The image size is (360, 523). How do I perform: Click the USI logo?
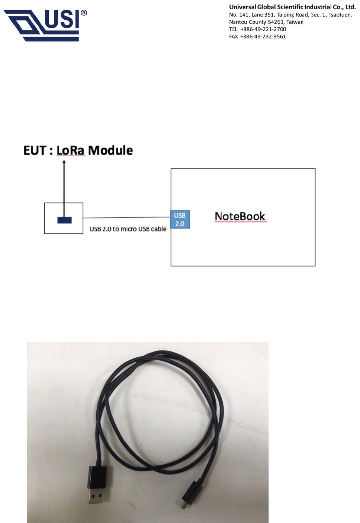click(x=43, y=25)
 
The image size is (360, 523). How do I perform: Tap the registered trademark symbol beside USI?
click(x=84, y=13)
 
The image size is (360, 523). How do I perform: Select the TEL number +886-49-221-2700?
click(x=263, y=29)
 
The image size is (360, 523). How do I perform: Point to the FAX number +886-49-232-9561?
click(x=263, y=36)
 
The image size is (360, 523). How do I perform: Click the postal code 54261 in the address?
click(x=276, y=22)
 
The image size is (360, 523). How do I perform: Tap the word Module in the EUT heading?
click(x=110, y=150)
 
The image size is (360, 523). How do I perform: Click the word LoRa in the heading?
click(x=70, y=150)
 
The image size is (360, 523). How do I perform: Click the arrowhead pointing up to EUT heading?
click(x=64, y=162)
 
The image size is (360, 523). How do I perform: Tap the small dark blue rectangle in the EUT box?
click(x=64, y=220)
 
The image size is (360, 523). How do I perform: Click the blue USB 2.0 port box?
click(x=180, y=220)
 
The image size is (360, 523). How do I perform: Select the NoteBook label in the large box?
click(x=240, y=216)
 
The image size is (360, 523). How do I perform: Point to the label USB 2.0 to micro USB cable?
click(x=128, y=229)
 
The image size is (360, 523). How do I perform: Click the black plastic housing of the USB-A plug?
click(x=97, y=476)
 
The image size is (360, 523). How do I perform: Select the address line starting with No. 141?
click(x=290, y=15)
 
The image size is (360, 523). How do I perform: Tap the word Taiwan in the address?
click(x=295, y=22)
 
